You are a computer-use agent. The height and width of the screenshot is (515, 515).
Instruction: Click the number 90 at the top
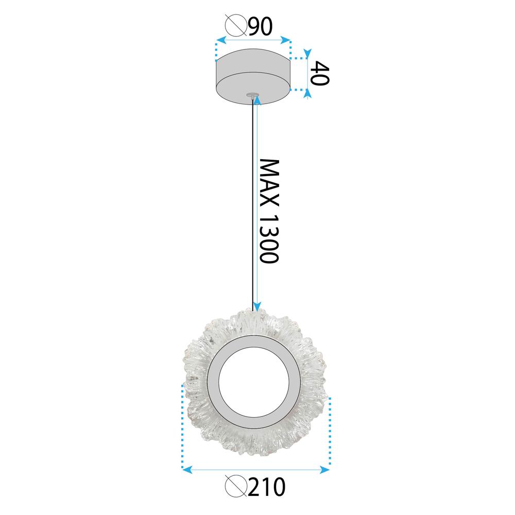click(260, 26)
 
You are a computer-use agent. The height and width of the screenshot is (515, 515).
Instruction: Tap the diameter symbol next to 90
click(236, 26)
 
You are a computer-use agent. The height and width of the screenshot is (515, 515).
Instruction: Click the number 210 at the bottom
click(266, 487)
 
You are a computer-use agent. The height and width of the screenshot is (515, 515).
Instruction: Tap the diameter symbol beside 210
click(236, 487)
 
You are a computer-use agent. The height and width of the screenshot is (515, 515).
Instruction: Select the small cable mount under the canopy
click(252, 95)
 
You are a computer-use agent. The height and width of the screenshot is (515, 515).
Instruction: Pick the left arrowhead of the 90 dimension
click(219, 40)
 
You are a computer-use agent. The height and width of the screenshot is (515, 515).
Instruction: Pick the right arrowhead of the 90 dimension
click(287, 40)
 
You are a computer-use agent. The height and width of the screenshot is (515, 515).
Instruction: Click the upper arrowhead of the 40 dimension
click(307, 53)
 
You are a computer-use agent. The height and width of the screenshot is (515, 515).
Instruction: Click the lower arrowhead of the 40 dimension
click(307, 93)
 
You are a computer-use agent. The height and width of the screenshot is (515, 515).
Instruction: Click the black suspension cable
click(252, 206)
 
